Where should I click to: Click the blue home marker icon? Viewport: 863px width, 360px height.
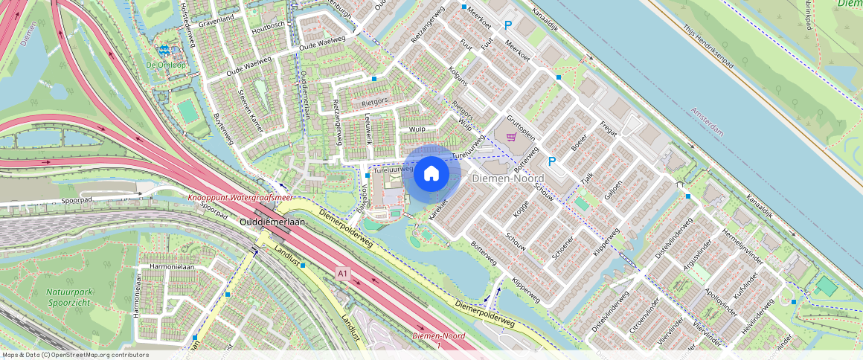(431, 174)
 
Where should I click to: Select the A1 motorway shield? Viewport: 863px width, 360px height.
(342, 274)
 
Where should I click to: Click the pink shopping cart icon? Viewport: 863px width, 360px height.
(511, 137)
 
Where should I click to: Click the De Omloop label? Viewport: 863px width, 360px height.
(165, 65)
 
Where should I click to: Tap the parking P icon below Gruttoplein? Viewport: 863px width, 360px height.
(552, 161)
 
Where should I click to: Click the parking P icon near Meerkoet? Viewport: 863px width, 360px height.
(508, 25)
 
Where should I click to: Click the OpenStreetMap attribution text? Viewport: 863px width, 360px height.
(74, 355)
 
